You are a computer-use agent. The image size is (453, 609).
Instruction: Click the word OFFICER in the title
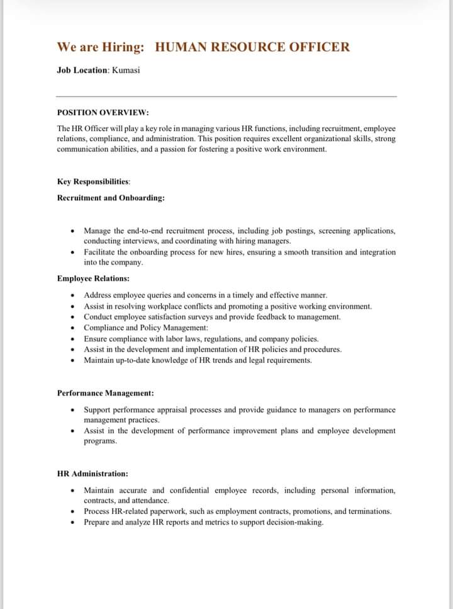click(x=320, y=47)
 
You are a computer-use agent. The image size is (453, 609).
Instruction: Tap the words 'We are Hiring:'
click(x=101, y=47)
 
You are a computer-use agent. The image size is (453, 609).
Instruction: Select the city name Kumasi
click(x=126, y=70)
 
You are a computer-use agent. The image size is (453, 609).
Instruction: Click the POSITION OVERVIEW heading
click(x=103, y=113)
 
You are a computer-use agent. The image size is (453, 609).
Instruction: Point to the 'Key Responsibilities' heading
click(x=93, y=181)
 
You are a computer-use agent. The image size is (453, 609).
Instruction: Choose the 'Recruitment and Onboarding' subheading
click(x=111, y=198)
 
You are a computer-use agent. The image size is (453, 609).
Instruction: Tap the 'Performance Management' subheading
click(x=105, y=393)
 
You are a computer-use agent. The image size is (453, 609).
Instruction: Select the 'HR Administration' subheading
click(x=92, y=474)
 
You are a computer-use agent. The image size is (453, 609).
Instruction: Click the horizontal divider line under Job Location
click(x=226, y=96)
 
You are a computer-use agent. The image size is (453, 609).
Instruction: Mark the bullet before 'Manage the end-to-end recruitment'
click(x=74, y=231)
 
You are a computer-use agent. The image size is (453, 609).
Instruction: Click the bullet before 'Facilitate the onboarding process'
click(x=74, y=253)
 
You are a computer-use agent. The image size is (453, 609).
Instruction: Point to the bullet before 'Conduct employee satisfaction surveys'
click(x=74, y=317)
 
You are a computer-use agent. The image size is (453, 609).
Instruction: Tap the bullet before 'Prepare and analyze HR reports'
click(x=74, y=523)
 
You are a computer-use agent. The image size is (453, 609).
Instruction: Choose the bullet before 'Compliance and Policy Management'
click(x=74, y=328)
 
